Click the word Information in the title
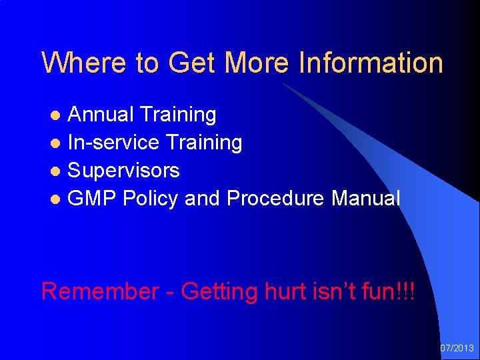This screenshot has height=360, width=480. point(371,63)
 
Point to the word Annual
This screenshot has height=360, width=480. point(101,115)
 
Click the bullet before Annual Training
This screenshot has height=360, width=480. point(57,115)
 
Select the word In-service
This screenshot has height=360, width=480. point(113,143)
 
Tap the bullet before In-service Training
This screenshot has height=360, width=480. point(57,143)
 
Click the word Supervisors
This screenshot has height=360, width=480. point(124,171)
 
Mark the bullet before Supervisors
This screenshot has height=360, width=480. point(57,171)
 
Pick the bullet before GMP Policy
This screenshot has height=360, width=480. point(57,199)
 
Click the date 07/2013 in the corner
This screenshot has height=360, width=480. point(457,348)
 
